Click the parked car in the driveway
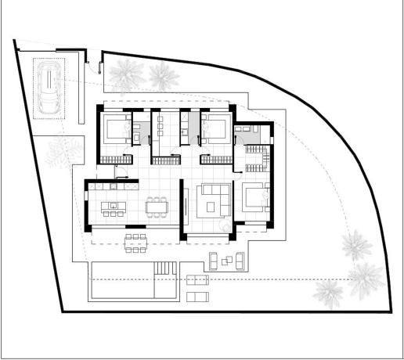tap(49, 88)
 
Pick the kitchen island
tap(114, 208)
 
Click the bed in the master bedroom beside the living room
tap(254, 197)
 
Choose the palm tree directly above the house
tap(162, 77)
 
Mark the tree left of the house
tap(61, 153)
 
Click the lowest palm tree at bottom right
tap(329, 291)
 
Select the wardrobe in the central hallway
tap(164, 160)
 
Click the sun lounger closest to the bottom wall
tap(197, 295)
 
